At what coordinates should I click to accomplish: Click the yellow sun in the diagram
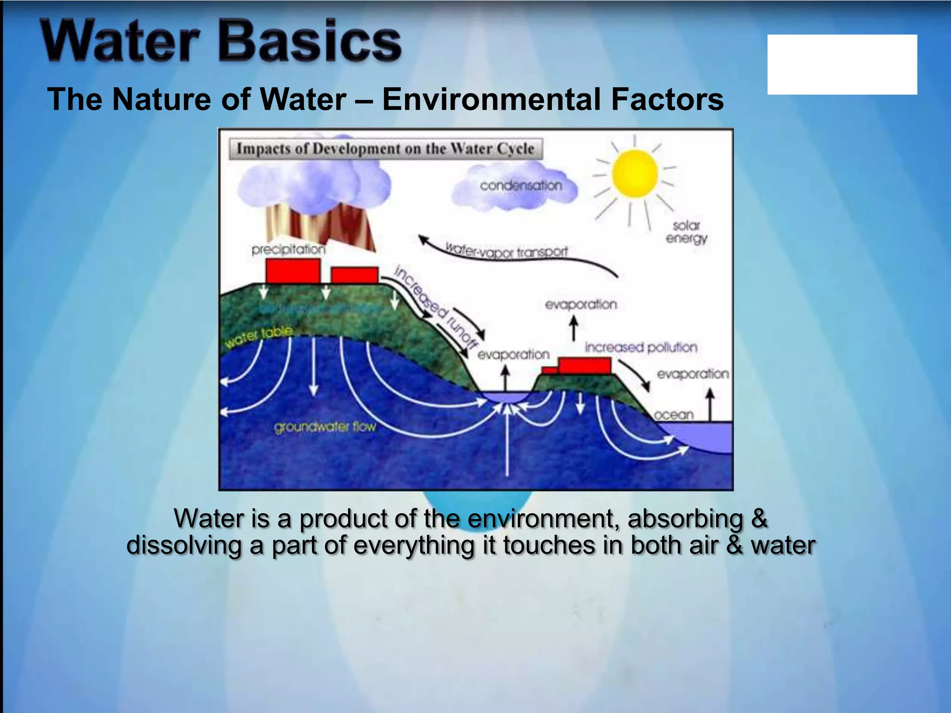(634, 174)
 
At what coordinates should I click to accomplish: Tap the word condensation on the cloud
(521, 186)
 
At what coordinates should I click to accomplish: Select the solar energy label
(686, 232)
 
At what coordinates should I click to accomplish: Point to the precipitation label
(288, 250)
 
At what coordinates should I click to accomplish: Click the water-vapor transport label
(506, 251)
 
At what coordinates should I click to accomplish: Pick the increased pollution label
(641, 347)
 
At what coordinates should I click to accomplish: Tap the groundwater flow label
(325, 427)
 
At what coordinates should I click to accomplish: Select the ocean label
(673, 415)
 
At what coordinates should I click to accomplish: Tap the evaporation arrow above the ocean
(710, 404)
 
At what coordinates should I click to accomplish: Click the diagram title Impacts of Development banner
(385, 149)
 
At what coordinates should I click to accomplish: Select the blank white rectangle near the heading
(842, 65)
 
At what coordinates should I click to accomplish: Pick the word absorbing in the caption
(685, 519)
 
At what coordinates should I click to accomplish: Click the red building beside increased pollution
(584, 366)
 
